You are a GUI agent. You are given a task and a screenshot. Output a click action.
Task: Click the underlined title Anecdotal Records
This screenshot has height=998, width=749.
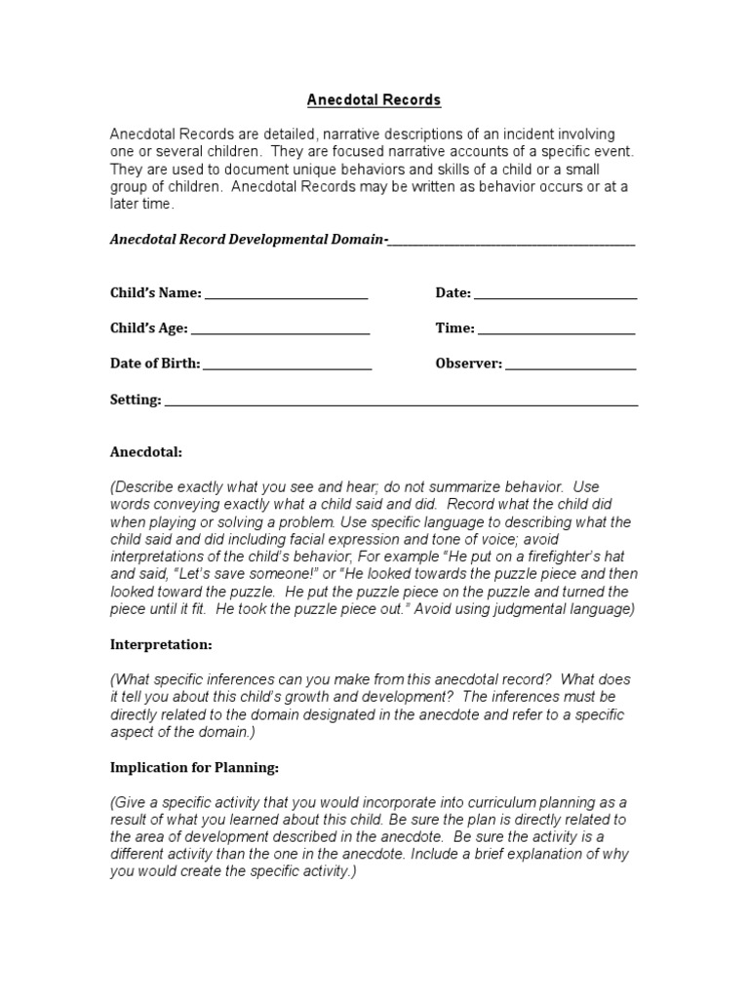[x=374, y=100]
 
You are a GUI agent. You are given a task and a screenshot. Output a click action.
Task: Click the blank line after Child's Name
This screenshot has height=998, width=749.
[x=286, y=296]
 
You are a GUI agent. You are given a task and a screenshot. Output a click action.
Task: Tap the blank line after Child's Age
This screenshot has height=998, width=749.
[x=279, y=332]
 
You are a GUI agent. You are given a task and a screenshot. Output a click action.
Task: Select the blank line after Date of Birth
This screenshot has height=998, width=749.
[x=287, y=367]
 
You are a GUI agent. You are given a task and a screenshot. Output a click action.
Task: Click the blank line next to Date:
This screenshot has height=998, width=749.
[x=555, y=296]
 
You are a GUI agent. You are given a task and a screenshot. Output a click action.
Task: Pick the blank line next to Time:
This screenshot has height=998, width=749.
[x=557, y=332]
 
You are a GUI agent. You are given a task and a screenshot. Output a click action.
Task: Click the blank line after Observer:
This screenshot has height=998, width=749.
[x=571, y=367]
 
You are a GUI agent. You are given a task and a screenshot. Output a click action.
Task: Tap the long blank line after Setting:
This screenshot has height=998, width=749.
[x=401, y=403]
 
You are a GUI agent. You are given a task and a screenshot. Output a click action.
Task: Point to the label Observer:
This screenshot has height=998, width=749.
[x=468, y=364]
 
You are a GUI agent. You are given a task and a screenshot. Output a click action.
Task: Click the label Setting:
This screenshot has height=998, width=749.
[x=136, y=400]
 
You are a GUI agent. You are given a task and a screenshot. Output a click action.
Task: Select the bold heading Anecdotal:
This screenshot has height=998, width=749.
[x=145, y=452]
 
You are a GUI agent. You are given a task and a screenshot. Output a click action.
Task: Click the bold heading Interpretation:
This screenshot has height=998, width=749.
[x=161, y=644]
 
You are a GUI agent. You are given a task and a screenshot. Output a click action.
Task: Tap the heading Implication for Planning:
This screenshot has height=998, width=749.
[x=194, y=768]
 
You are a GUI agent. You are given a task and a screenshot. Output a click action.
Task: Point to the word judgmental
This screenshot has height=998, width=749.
[x=522, y=610]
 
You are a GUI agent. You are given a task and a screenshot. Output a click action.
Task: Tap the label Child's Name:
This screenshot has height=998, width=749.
[x=155, y=292]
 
